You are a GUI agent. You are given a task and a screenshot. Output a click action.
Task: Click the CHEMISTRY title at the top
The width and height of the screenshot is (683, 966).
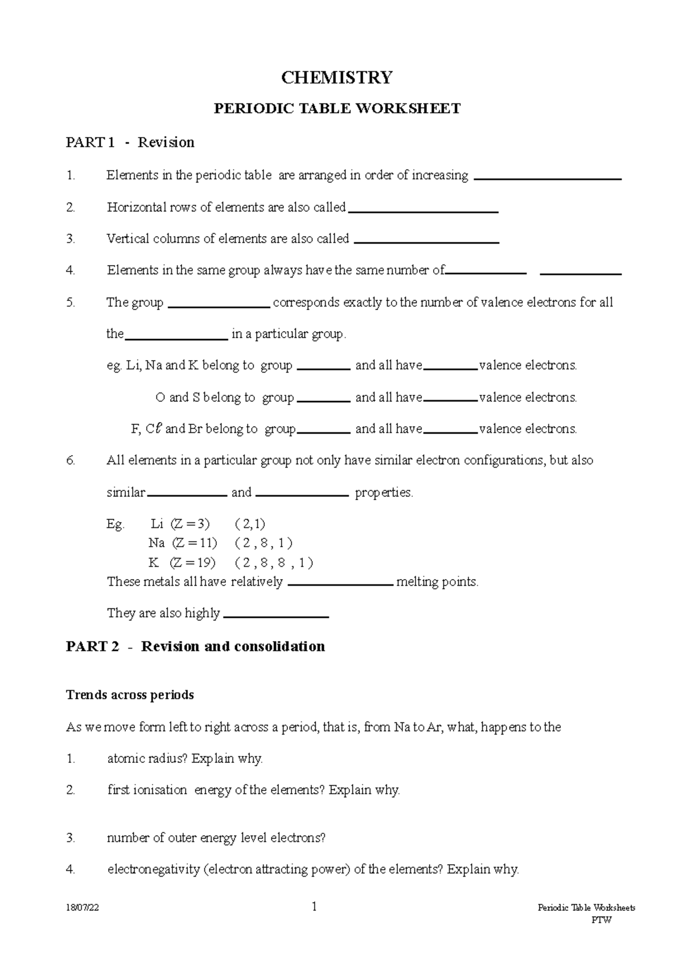click(337, 77)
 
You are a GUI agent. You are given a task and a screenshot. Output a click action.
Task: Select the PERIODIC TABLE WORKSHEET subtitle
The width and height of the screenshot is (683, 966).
click(337, 109)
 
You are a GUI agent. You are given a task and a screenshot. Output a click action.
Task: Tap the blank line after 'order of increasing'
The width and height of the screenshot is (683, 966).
click(547, 178)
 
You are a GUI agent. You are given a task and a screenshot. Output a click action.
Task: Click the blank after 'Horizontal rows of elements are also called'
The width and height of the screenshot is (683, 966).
click(423, 210)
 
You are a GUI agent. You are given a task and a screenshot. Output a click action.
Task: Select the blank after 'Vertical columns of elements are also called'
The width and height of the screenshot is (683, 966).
click(426, 242)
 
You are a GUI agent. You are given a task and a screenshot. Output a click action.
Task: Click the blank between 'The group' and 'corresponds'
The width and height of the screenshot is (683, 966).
click(219, 306)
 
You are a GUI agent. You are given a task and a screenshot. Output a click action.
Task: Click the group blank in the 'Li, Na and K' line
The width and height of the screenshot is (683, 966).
click(323, 369)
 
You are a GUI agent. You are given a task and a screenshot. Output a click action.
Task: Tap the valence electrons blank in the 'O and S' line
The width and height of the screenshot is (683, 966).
click(450, 401)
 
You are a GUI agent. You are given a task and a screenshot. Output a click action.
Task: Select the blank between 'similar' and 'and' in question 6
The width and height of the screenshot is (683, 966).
click(187, 496)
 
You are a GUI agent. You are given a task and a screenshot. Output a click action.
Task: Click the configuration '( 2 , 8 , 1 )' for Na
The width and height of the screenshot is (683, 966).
click(263, 543)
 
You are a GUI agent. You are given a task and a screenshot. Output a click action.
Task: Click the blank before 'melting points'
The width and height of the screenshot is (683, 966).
click(340, 584)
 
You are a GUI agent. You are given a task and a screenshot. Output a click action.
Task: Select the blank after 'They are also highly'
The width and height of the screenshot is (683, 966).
click(276, 616)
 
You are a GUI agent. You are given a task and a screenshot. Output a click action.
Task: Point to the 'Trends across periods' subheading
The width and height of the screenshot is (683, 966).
click(130, 695)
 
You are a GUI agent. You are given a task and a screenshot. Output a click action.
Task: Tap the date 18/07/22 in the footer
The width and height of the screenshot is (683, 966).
click(82, 908)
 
